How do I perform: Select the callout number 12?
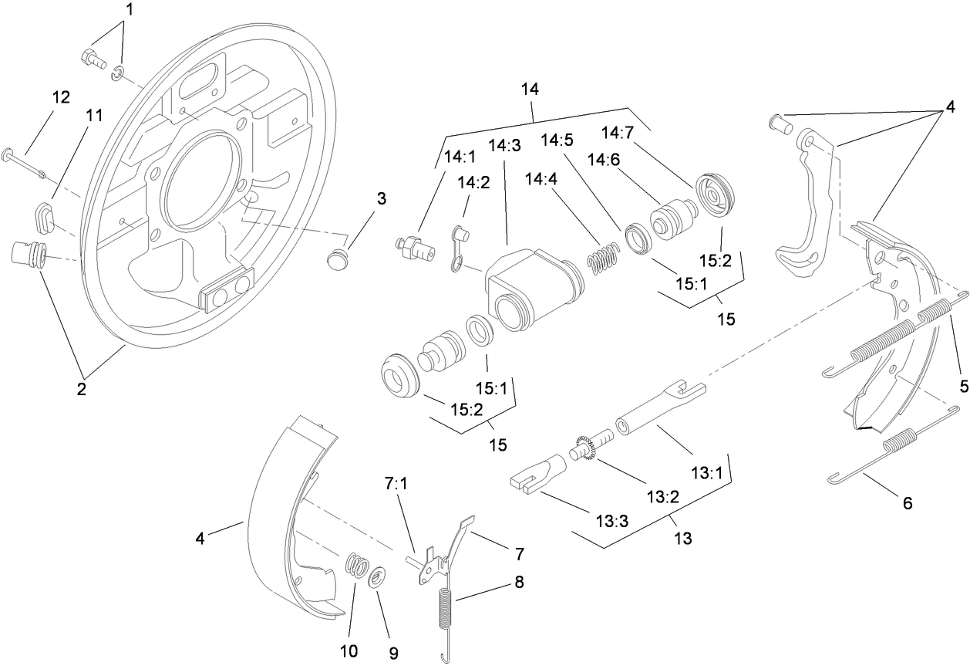click(x=61, y=97)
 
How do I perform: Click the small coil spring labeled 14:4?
click(x=603, y=258)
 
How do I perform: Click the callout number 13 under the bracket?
click(x=682, y=539)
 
